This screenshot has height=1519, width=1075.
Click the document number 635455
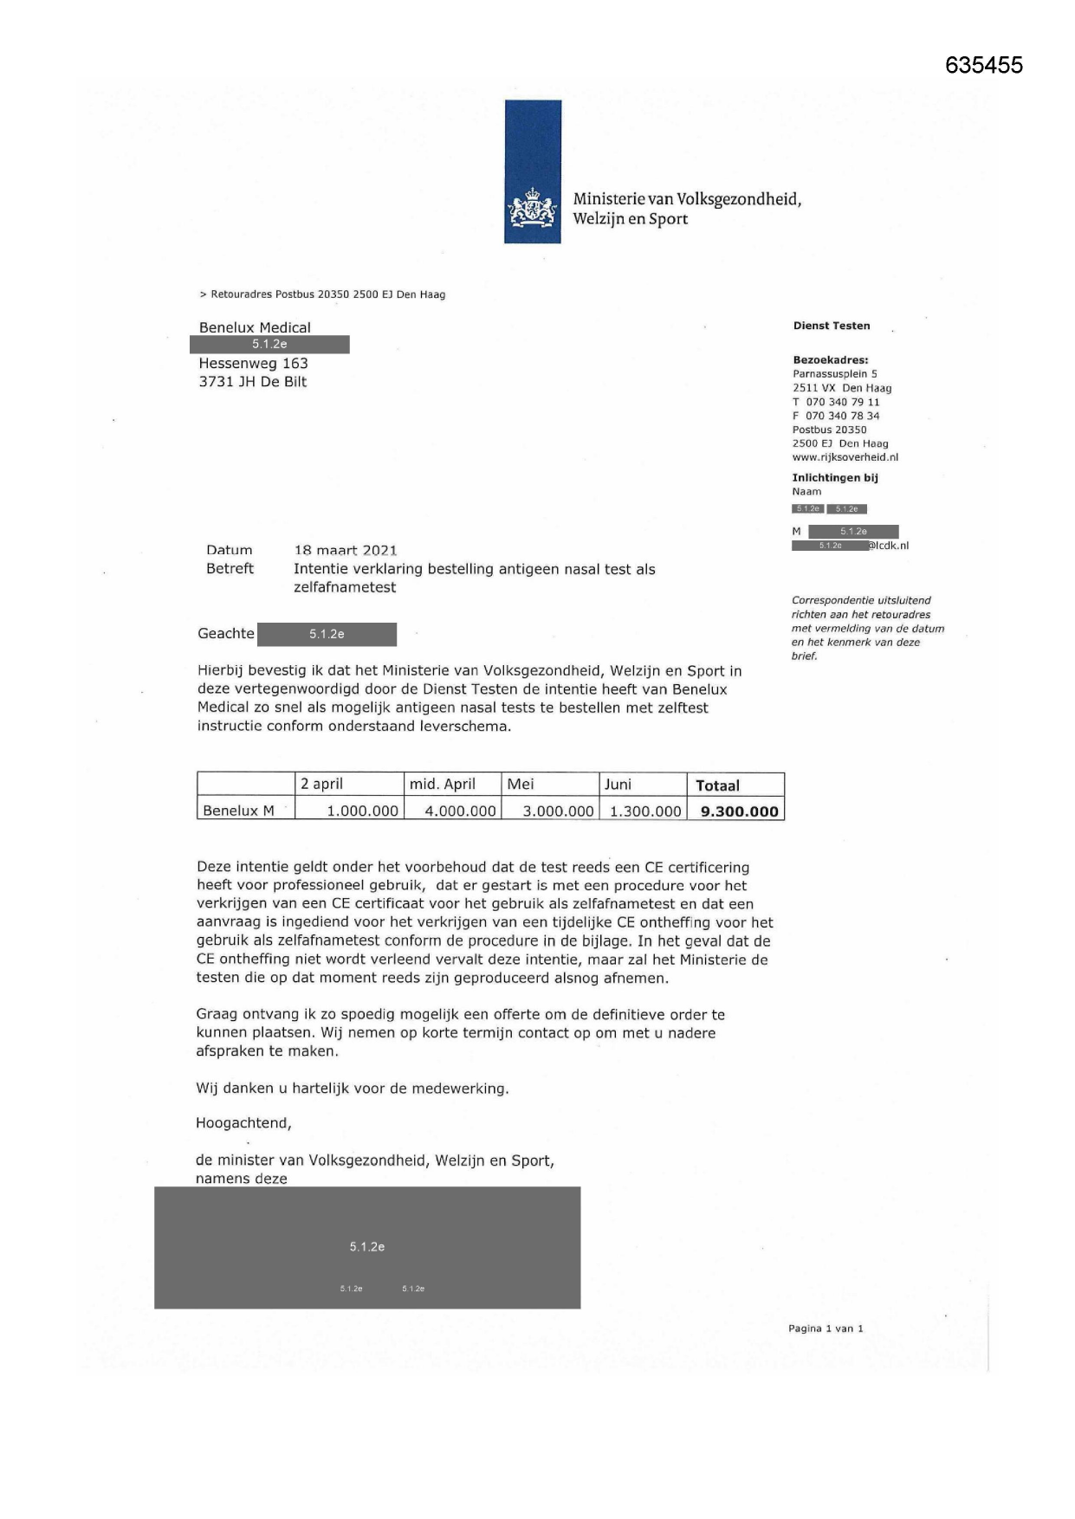(983, 65)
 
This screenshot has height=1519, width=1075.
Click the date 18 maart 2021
(346, 550)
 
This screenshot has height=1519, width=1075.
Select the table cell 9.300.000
(739, 811)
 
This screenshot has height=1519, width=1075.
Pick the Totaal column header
(717, 785)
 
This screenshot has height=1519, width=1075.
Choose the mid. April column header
(443, 785)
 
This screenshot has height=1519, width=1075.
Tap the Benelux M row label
(238, 811)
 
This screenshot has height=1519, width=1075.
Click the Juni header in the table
(618, 785)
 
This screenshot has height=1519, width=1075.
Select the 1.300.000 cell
(645, 811)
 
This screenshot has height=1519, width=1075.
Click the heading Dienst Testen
(832, 326)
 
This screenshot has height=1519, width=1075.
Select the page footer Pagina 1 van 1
(826, 1328)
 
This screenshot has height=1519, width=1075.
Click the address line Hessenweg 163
(254, 364)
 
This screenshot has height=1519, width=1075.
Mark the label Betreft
(230, 569)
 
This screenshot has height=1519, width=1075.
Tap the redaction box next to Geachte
(327, 634)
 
